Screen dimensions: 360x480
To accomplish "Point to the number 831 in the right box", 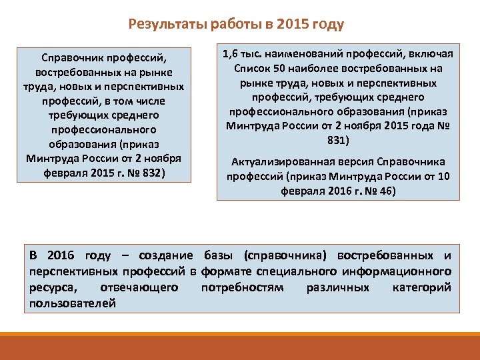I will (339, 140).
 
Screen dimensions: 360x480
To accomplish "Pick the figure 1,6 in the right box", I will (231, 54).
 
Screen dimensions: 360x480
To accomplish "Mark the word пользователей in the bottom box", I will (73, 303).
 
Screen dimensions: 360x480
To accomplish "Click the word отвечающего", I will (138, 287).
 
